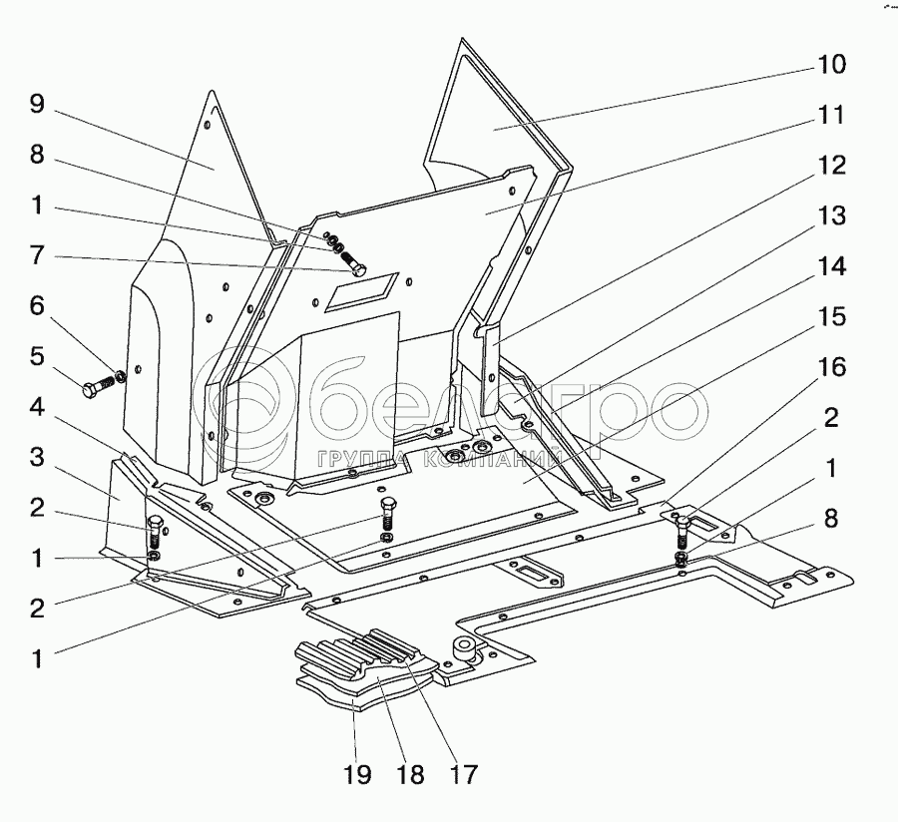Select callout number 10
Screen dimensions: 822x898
point(830,66)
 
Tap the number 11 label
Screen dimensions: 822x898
point(830,116)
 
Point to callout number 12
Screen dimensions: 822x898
point(830,166)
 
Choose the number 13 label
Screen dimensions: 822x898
point(830,216)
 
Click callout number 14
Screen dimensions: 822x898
point(830,267)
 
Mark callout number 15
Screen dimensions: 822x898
point(830,318)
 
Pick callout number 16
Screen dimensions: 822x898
point(830,368)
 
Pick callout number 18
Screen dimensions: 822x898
point(409,773)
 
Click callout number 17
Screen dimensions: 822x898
point(462,773)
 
